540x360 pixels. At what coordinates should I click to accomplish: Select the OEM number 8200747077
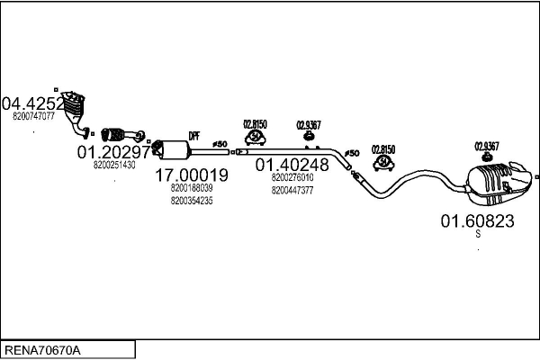pos(34,116)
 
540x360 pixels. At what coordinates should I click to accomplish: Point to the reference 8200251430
pos(114,165)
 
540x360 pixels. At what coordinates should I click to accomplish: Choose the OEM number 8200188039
pos(191,187)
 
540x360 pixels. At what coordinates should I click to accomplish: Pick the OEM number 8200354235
pos(191,201)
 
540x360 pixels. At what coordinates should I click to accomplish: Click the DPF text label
pos(193,136)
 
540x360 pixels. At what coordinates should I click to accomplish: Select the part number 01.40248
pos(292,165)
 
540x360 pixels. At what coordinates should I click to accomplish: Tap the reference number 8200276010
pos(292,178)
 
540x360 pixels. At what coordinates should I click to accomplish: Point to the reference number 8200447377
pos(292,190)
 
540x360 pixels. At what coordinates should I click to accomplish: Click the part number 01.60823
pos(476,220)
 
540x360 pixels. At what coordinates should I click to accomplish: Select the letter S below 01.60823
pos(478,234)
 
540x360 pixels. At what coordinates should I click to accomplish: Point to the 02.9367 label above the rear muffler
pos(486,146)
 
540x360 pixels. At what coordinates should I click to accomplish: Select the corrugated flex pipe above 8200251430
pos(117,135)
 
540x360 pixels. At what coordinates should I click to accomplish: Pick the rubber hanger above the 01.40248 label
pos(255,137)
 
